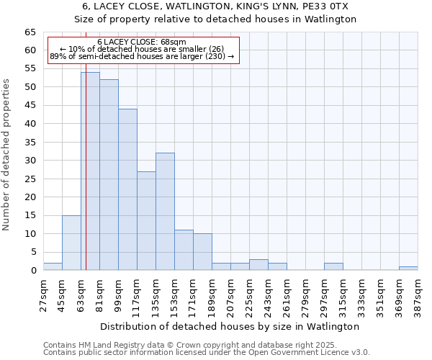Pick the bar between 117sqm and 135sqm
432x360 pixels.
click(x=146, y=220)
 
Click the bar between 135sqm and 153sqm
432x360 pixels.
click(x=165, y=212)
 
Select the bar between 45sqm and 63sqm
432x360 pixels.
click(x=71, y=243)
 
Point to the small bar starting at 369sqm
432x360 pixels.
click(x=408, y=268)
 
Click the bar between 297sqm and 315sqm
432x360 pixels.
click(x=333, y=266)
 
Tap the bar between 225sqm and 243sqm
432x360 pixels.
click(x=258, y=264)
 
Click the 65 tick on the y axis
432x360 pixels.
click(x=30, y=32)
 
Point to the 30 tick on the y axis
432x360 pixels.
click(x=30, y=161)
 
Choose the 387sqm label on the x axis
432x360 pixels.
click(x=418, y=295)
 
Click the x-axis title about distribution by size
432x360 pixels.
click(x=230, y=326)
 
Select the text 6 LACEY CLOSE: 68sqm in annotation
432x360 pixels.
click(x=141, y=42)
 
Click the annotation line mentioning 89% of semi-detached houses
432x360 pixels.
click(x=141, y=56)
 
